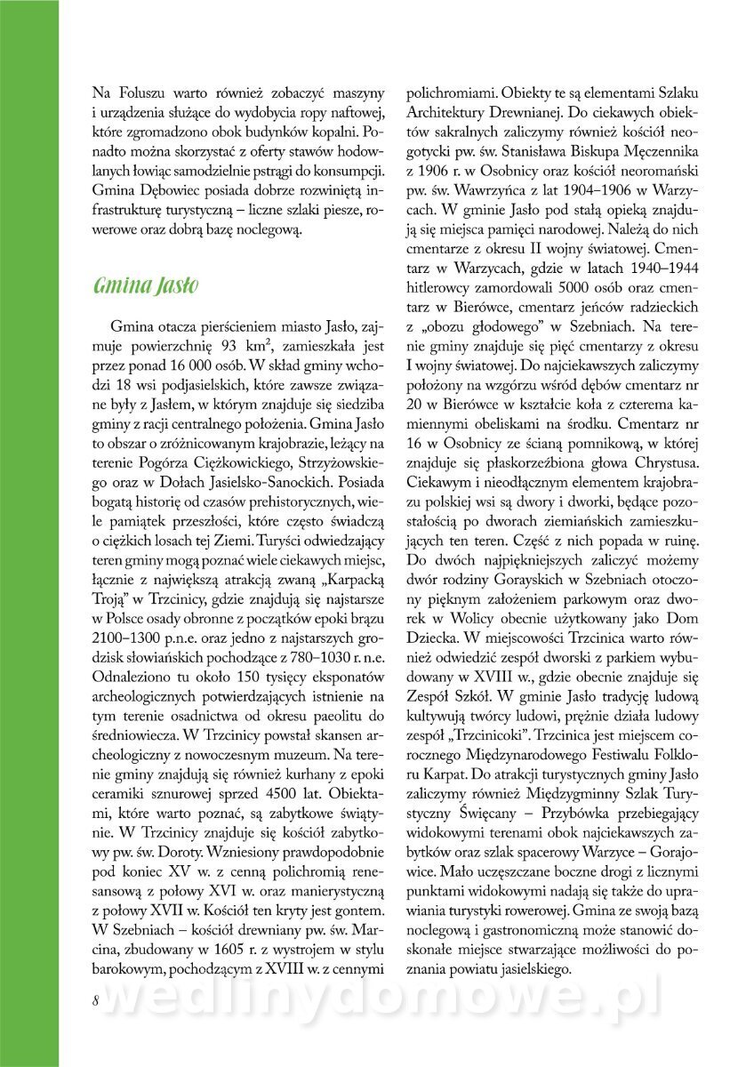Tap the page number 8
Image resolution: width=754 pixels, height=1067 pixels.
95,998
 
